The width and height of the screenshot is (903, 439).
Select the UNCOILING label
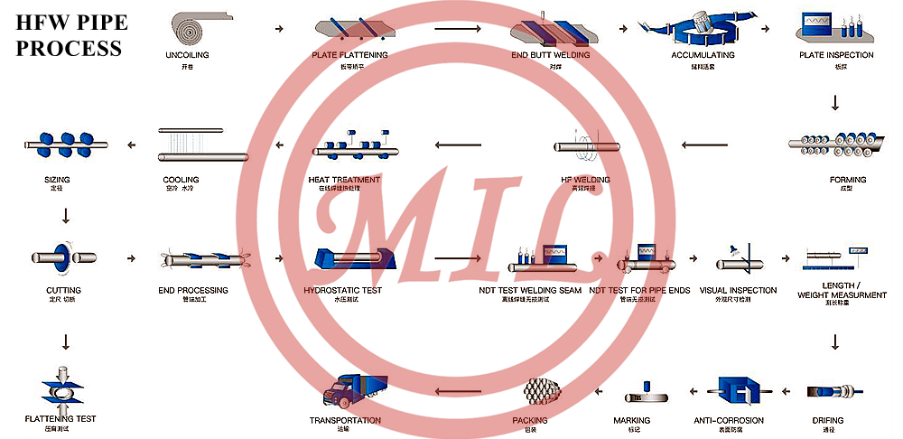pos(187,55)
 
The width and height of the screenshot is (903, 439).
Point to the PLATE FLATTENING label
pos(350,55)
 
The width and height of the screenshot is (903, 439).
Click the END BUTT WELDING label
pos(550,55)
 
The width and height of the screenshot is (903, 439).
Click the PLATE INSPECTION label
pos(836,55)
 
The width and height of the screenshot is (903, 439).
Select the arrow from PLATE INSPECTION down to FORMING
pos(835,105)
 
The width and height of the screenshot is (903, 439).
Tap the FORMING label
pos(847,180)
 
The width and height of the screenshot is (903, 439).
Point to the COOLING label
pos(181,180)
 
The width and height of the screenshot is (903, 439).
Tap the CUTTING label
pos(63,290)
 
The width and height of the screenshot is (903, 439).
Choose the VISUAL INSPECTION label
pos(738,290)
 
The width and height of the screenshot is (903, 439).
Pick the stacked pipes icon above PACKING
pos(542,391)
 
